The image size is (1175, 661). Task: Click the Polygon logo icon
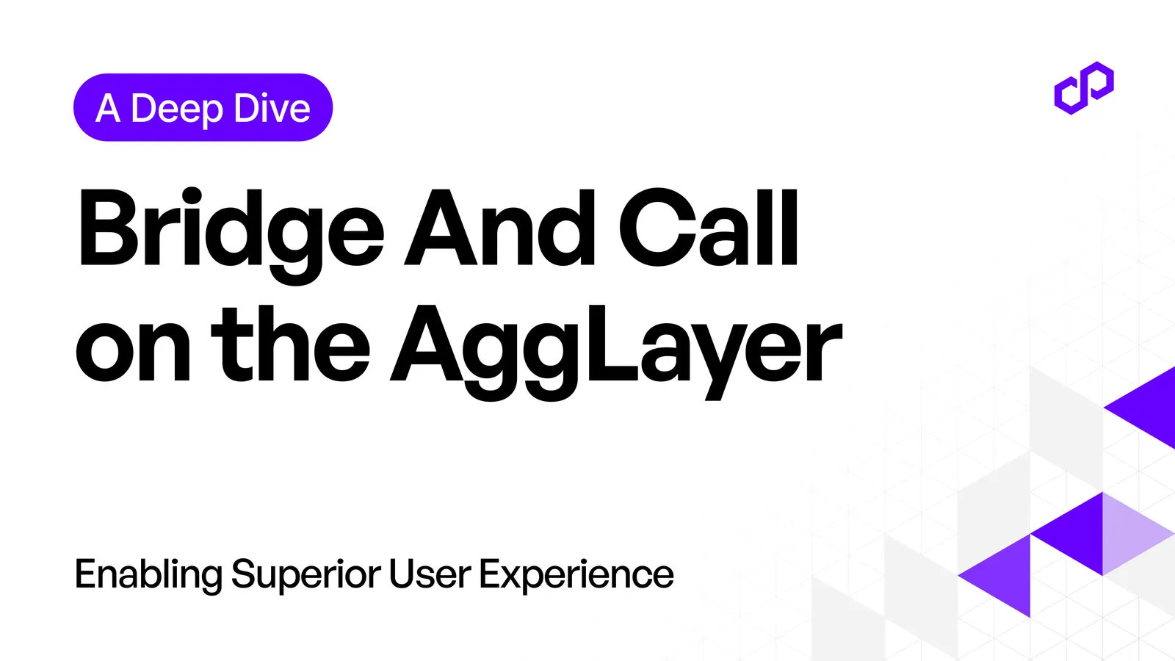point(1084,88)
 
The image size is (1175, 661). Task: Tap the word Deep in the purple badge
point(176,109)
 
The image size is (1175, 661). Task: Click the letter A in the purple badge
point(108,109)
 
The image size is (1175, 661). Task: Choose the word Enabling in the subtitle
point(148,575)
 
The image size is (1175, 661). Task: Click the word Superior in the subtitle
point(306,575)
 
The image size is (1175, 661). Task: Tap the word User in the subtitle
point(430,574)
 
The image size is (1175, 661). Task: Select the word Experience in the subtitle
point(576,575)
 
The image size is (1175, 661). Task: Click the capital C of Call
point(652,228)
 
